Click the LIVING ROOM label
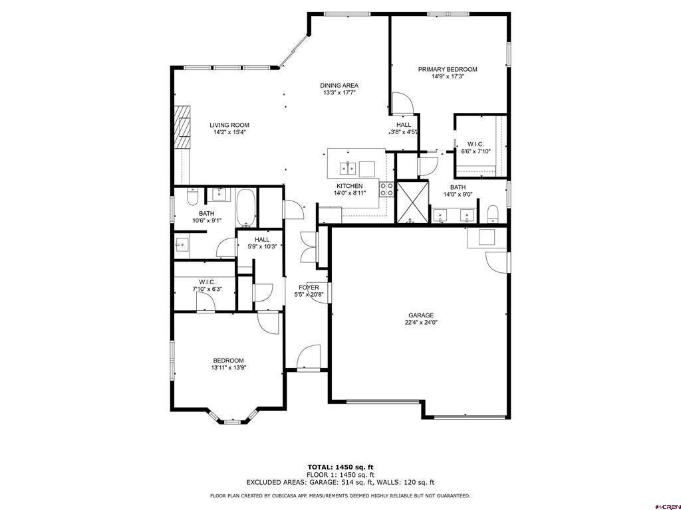pos(229,125)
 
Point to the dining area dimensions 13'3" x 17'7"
pos(339,93)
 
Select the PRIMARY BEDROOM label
pos(448,69)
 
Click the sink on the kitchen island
pos(347,166)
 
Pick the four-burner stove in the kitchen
pos(386,189)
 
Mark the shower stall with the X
pos(412,201)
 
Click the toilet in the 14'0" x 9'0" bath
pos(493,213)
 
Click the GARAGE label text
pos(421,315)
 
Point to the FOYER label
pos(309,288)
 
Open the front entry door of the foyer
pos(309,357)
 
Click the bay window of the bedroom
pos(232,419)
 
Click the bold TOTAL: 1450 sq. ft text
pos(340,467)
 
